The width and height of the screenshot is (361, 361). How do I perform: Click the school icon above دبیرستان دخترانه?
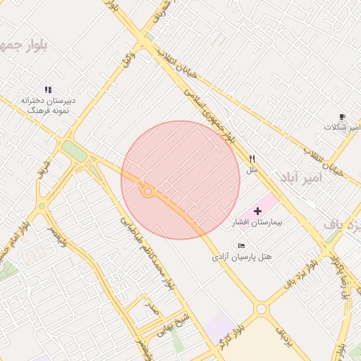(x=48, y=90)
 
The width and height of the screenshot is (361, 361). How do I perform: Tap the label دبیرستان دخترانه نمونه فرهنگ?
(x=48, y=106)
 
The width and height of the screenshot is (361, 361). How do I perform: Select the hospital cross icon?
(x=257, y=211)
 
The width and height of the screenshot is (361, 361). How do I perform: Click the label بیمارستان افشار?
(x=257, y=223)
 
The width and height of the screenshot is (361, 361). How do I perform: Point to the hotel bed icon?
(x=242, y=245)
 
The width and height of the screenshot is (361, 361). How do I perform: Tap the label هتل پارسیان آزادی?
(x=242, y=257)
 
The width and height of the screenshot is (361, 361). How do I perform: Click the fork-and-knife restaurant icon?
(x=252, y=159)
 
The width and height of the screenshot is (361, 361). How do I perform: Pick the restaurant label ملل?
(x=252, y=170)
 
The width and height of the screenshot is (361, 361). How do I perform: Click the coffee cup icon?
(x=342, y=116)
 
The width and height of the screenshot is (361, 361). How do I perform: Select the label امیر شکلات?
(x=342, y=128)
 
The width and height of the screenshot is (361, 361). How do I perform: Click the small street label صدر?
(x=151, y=307)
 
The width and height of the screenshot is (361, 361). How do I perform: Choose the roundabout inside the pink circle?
(x=147, y=191)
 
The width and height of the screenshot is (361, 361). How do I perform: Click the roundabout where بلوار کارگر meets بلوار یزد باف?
(x=262, y=309)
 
